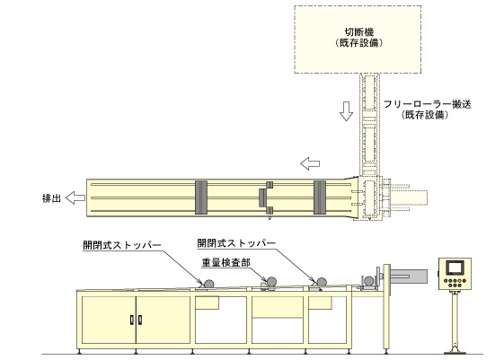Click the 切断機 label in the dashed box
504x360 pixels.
coord(359,32)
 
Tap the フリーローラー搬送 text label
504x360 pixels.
coord(428,104)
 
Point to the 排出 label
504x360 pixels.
coord(51,198)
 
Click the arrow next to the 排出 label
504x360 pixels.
coord(75,198)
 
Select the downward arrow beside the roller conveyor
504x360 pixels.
coord(346,111)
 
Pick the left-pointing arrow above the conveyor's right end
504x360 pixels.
coord(310,163)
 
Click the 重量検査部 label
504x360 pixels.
coord(225,263)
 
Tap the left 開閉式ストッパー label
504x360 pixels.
coord(122,245)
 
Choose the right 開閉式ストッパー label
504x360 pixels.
coord(236,243)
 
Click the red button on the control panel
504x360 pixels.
coord(464,281)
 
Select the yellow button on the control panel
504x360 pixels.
coord(460,281)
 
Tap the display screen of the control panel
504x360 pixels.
coord(455,268)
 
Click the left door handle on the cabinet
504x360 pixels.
coord(132,320)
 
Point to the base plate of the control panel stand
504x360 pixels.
coord(455,353)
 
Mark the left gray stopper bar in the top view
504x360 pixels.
coord(201,198)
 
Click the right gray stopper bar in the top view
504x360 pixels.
coord(320,198)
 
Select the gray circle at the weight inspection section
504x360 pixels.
coord(271,282)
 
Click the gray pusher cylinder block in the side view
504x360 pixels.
coord(409,277)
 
